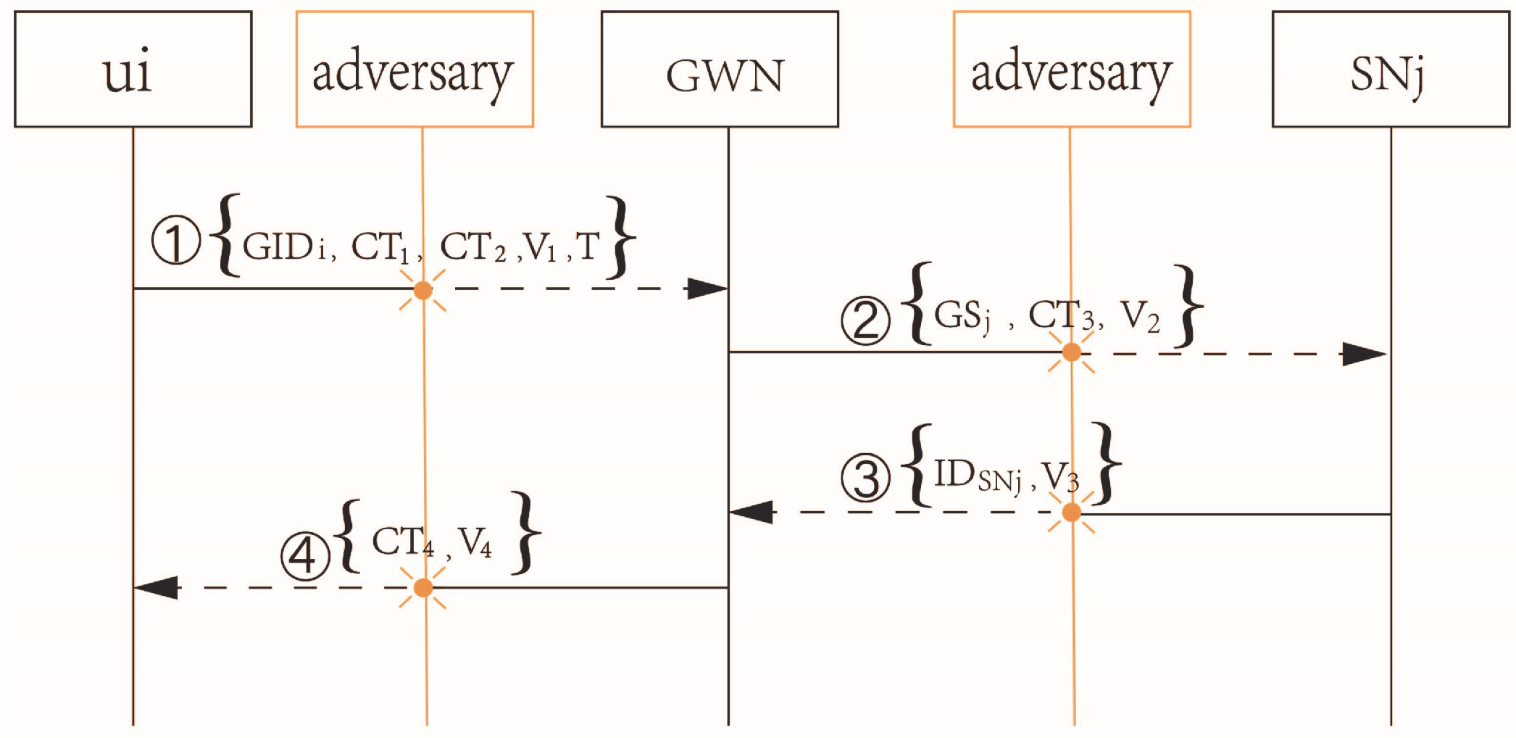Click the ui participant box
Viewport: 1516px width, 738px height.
133,70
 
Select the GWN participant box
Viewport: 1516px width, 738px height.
720,70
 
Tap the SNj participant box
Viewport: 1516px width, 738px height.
1391,70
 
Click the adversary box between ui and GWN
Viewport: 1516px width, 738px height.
415,70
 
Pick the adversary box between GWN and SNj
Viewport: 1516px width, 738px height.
1072,70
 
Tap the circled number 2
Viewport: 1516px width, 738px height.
865,320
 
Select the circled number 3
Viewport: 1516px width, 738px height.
865,478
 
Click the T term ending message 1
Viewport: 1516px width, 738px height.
588,246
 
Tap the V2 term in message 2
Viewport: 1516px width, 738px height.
1140,317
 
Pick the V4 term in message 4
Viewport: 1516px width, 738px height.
475,542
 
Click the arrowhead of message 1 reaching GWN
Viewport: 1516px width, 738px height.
707,289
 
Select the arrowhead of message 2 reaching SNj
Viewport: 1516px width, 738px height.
1364,354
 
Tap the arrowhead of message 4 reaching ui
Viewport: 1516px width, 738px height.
156,587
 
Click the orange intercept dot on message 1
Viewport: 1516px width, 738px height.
422,291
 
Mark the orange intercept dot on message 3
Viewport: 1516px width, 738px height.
1071,513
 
